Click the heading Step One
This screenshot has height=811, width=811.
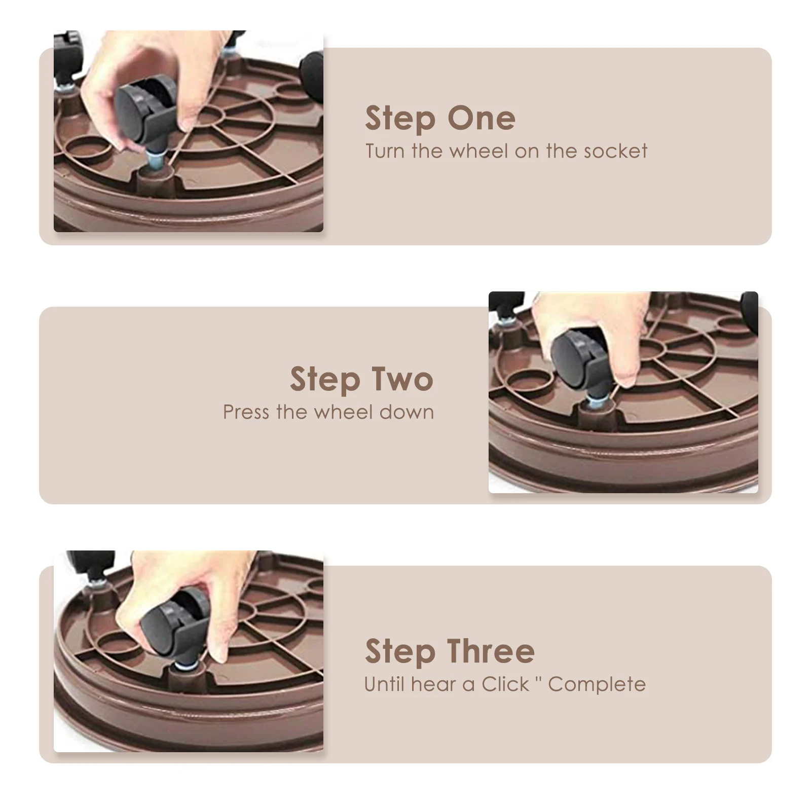440,119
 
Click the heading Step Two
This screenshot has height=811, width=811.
361,380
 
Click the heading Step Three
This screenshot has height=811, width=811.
450,651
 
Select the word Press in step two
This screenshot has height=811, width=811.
246,412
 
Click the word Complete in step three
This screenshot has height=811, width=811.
597,684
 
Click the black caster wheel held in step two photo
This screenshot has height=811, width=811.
575,355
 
